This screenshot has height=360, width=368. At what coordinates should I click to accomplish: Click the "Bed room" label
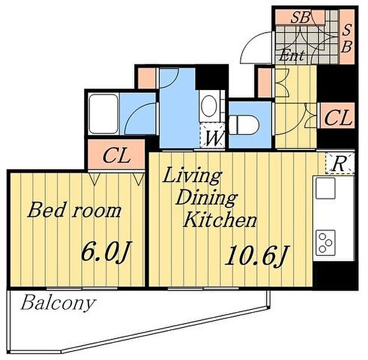click(x=74, y=210)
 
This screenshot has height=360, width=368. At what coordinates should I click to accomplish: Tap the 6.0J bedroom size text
click(x=105, y=251)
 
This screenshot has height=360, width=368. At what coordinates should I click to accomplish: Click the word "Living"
click(x=192, y=176)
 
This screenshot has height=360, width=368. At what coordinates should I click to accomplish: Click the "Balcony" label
click(x=58, y=303)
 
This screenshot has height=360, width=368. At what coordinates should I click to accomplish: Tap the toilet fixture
click(x=244, y=125)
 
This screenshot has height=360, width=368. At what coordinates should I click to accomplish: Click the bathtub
click(x=104, y=114)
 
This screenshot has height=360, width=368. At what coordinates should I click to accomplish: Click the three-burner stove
click(x=325, y=243)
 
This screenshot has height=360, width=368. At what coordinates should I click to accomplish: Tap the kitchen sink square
click(x=325, y=188)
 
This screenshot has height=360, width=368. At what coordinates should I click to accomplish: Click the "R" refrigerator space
click(x=340, y=163)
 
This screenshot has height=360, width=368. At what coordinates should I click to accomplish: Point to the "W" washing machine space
click(x=212, y=135)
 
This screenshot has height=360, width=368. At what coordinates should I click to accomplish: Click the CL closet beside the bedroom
click(x=116, y=155)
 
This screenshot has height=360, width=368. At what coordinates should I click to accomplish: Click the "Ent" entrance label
click(x=292, y=55)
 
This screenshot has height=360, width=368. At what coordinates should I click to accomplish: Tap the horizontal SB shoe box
click(x=300, y=17)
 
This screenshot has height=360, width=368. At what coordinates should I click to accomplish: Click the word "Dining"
click(x=207, y=198)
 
